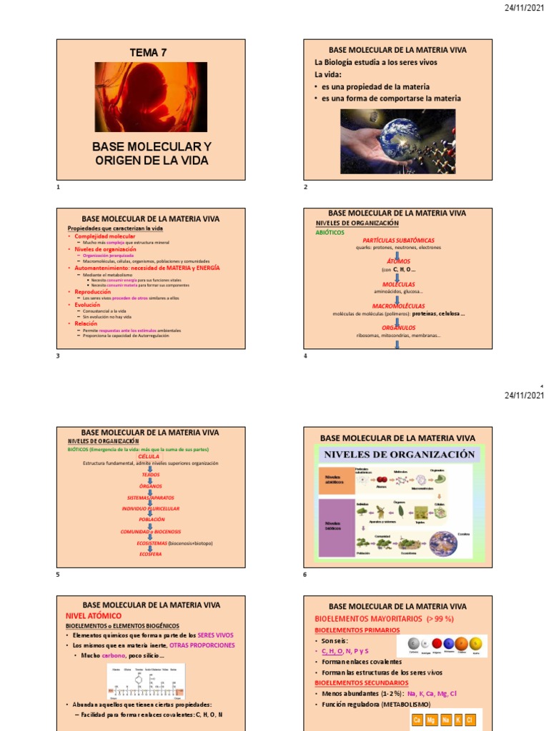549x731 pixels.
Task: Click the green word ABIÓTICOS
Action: click(x=330, y=233)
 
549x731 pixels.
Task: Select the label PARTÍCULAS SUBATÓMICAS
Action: click(x=398, y=241)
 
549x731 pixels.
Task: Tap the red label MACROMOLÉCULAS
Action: click(x=398, y=306)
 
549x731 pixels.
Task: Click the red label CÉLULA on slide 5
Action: click(x=149, y=456)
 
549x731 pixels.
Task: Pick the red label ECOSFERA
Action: click(x=150, y=554)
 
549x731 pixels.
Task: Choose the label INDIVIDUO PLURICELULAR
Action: click(x=150, y=508)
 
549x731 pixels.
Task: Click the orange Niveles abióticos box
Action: click(x=336, y=481)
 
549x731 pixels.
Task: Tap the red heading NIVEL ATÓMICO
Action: click(x=93, y=615)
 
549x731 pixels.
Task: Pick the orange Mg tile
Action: click(x=432, y=720)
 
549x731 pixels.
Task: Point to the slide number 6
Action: click(x=305, y=575)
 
